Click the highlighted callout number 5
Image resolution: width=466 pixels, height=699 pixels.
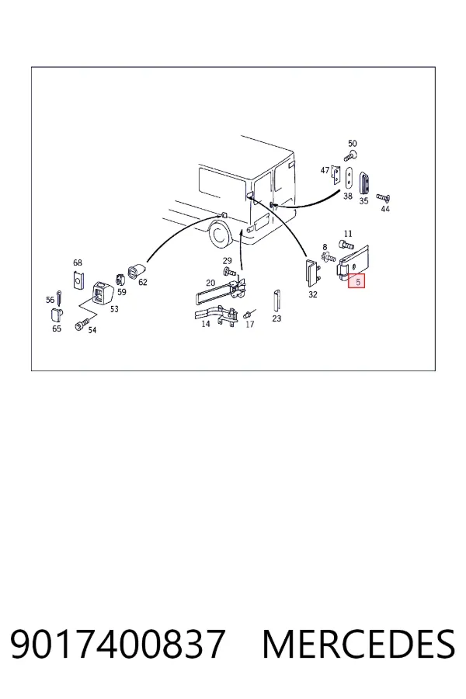[357, 282]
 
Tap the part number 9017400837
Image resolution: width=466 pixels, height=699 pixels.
[117, 644]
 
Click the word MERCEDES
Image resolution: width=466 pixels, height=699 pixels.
[359, 644]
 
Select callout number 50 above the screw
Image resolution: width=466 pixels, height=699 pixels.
[353, 144]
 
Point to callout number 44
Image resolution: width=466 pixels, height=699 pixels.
[385, 209]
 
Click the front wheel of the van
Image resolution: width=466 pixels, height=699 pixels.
[219, 234]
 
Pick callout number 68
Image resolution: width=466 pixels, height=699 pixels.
[78, 263]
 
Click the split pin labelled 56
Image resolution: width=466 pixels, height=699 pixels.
[59, 296]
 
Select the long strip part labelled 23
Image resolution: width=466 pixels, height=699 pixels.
[276, 301]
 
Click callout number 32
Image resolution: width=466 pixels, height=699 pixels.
[312, 294]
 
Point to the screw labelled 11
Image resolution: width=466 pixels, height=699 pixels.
[346, 244]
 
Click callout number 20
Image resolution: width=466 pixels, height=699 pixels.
[210, 283]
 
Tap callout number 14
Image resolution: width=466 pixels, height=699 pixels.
[206, 324]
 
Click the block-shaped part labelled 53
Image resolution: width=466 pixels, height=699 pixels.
[102, 293]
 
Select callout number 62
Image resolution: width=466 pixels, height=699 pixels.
[143, 282]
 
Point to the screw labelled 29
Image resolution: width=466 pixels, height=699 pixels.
[229, 271]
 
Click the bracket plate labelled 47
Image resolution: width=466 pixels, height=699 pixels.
[336, 176]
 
